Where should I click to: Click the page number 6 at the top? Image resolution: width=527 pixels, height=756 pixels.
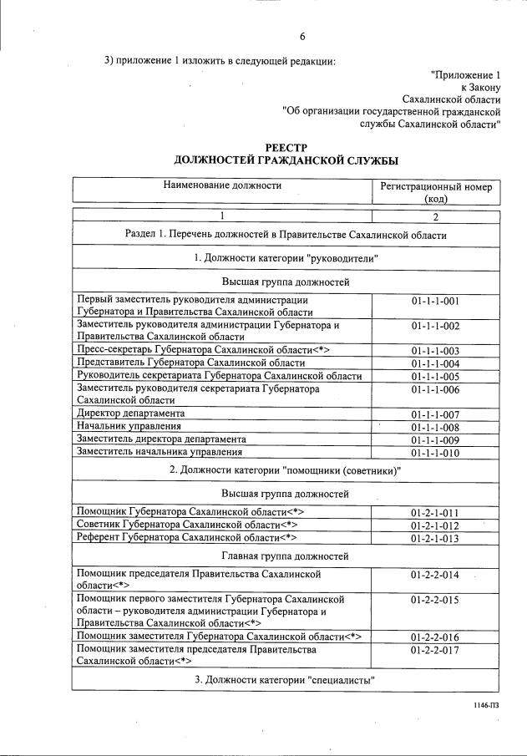[303, 36]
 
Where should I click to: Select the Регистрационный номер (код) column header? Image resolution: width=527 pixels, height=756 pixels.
[436, 193]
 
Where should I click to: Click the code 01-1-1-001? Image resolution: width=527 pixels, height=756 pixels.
[436, 301]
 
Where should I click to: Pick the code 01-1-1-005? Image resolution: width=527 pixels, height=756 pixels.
[436, 376]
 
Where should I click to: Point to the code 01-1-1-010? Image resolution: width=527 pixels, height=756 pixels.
[436, 453]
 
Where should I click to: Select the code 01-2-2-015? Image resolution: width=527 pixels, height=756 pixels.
[436, 600]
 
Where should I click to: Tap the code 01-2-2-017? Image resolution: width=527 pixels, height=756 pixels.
[436, 649]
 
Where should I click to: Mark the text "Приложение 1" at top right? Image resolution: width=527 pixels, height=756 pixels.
[465, 74]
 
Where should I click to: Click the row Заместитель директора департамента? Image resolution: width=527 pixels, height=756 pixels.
[161, 439]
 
